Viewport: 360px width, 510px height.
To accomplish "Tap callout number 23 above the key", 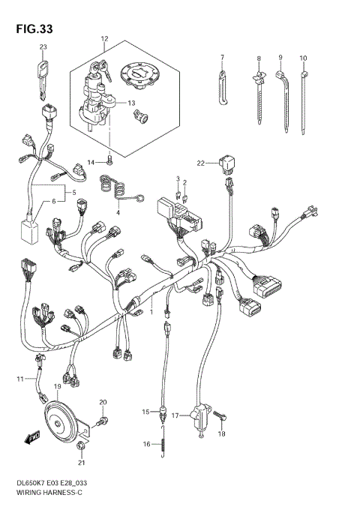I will [x=43, y=47].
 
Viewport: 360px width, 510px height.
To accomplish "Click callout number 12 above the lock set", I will [x=104, y=37].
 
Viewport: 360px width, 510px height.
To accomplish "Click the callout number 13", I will [x=131, y=103].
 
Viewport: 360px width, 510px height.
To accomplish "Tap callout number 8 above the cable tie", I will [x=259, y=58].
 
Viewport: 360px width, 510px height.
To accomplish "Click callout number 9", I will [x=280, y=58].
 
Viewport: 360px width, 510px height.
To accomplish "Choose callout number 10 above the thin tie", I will [x=303, y=58].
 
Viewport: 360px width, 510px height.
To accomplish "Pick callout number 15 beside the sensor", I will [x=147, y=412].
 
